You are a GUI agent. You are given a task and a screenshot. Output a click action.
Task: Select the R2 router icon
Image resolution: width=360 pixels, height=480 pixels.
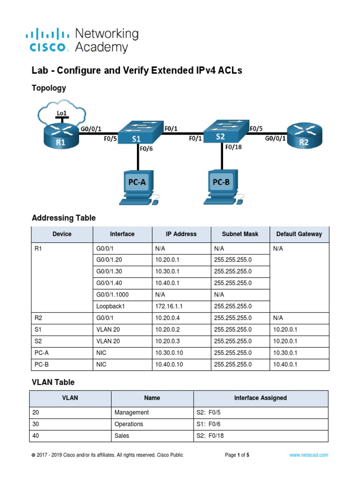304,136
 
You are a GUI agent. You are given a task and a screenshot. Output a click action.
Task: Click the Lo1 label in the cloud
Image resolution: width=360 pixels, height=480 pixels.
61,113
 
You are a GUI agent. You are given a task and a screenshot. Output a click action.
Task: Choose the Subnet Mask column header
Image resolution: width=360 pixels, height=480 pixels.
240,234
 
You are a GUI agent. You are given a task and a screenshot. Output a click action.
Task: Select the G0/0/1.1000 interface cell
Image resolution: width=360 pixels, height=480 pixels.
114,294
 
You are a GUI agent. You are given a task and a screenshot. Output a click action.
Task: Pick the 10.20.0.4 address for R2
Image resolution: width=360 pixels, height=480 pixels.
168,318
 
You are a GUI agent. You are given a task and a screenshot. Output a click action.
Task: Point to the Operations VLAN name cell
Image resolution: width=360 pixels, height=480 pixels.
129,424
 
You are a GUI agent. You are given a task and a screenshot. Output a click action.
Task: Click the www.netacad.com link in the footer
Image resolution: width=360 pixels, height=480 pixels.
308,455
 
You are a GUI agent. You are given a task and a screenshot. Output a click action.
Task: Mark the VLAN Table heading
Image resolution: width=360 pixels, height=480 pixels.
53,382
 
